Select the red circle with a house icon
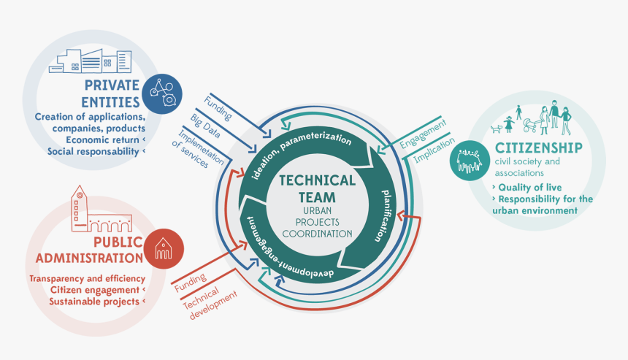click(x=164, y=249)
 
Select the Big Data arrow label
click(x=205, y=125)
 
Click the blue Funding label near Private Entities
click(x=218, y=109)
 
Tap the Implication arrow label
click(x=429, y=148)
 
